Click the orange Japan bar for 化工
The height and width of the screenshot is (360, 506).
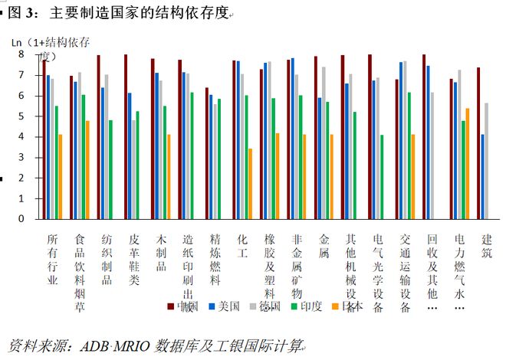point(251,183)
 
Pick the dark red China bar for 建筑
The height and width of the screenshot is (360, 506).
point(478,142)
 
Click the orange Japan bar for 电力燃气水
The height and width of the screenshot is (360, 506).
point(468,163)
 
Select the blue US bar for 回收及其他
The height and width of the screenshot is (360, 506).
point(428,142)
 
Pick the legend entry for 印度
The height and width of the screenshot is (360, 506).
point(306,306)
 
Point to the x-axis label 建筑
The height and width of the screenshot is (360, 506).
point(486,244)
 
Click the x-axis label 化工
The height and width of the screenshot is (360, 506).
point(242,244)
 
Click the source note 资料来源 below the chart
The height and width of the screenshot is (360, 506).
point(154,345)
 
